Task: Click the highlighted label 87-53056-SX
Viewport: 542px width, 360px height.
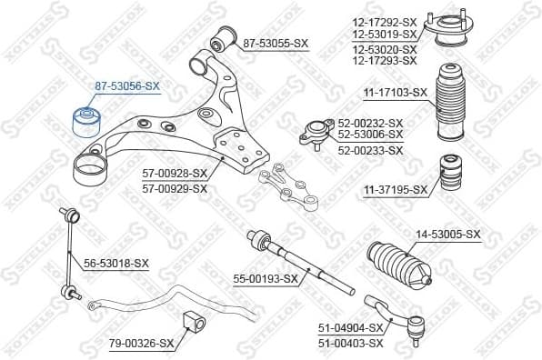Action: click(126, 85)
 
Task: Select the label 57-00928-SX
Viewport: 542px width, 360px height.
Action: click(175, 173)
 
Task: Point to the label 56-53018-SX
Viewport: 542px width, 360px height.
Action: click(115, 263)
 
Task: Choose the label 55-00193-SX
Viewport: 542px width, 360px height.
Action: click(266, 278)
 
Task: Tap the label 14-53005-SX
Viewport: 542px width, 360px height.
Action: click(447, 235)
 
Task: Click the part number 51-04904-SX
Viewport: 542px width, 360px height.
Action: click(351, 330)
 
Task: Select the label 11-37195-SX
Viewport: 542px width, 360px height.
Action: click(396, 189)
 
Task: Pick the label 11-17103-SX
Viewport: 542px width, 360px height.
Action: click(396, 92)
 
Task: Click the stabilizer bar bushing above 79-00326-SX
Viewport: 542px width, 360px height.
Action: click(193, 322)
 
